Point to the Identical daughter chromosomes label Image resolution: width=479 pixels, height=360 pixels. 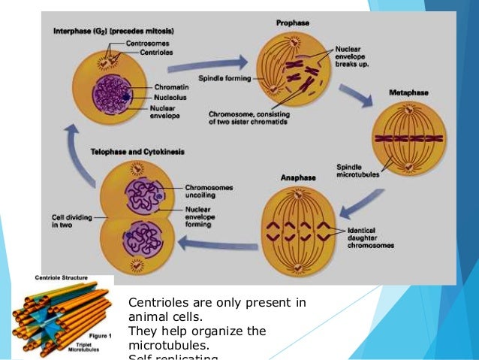(x=366, y=237)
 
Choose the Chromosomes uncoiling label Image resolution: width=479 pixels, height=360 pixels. (x=208, y=191)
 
